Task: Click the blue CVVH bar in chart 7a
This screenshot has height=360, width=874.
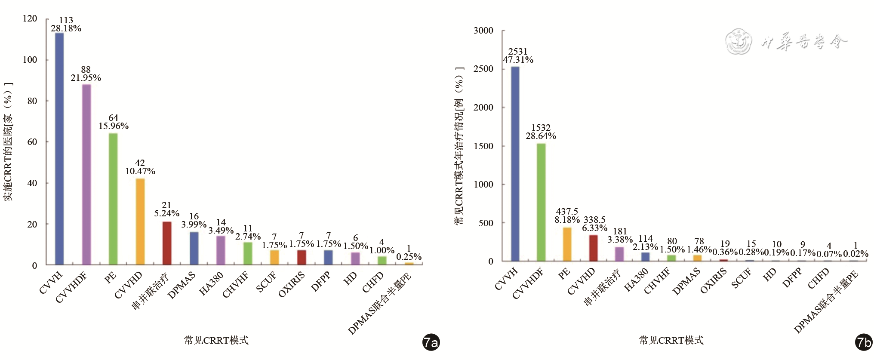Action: click(59, 148)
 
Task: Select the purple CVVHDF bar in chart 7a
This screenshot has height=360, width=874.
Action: click(86, 174)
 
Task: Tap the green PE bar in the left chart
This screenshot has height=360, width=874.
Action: click(113, 199)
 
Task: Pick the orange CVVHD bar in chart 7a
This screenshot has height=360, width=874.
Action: click(140, 222)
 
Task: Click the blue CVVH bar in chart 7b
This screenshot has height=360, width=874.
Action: click(515, 164)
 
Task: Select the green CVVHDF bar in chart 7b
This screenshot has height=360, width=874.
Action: click(541, 202)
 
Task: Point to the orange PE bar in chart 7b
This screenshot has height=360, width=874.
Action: click(567, 244)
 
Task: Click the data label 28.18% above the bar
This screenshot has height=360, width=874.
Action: click(66, 28)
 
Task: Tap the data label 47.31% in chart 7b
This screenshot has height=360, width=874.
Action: click(518, 60)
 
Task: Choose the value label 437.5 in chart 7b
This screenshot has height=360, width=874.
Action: click(567, 212)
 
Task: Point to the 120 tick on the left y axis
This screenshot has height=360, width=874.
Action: click(30, 18)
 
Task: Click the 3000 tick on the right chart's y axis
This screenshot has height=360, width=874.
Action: click(483, 31)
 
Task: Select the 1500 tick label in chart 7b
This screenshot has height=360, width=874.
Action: click(483, 146)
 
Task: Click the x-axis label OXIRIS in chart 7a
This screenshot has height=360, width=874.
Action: click(292, 284)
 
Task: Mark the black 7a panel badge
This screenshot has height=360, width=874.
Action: click(431, 342)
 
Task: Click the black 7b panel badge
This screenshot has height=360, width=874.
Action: click(864, 342)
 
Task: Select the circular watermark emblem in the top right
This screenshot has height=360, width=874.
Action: click(738, 42)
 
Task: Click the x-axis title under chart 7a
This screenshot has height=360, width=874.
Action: click(216, 341)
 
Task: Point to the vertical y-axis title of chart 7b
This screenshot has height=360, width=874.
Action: click(459, 146)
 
